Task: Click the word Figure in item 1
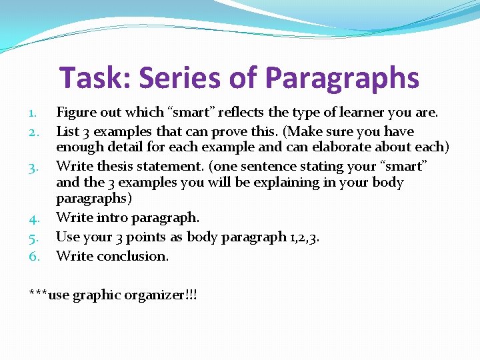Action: click(76, 113)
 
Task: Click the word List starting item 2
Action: click(68, 131)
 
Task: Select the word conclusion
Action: click(133, 256)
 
